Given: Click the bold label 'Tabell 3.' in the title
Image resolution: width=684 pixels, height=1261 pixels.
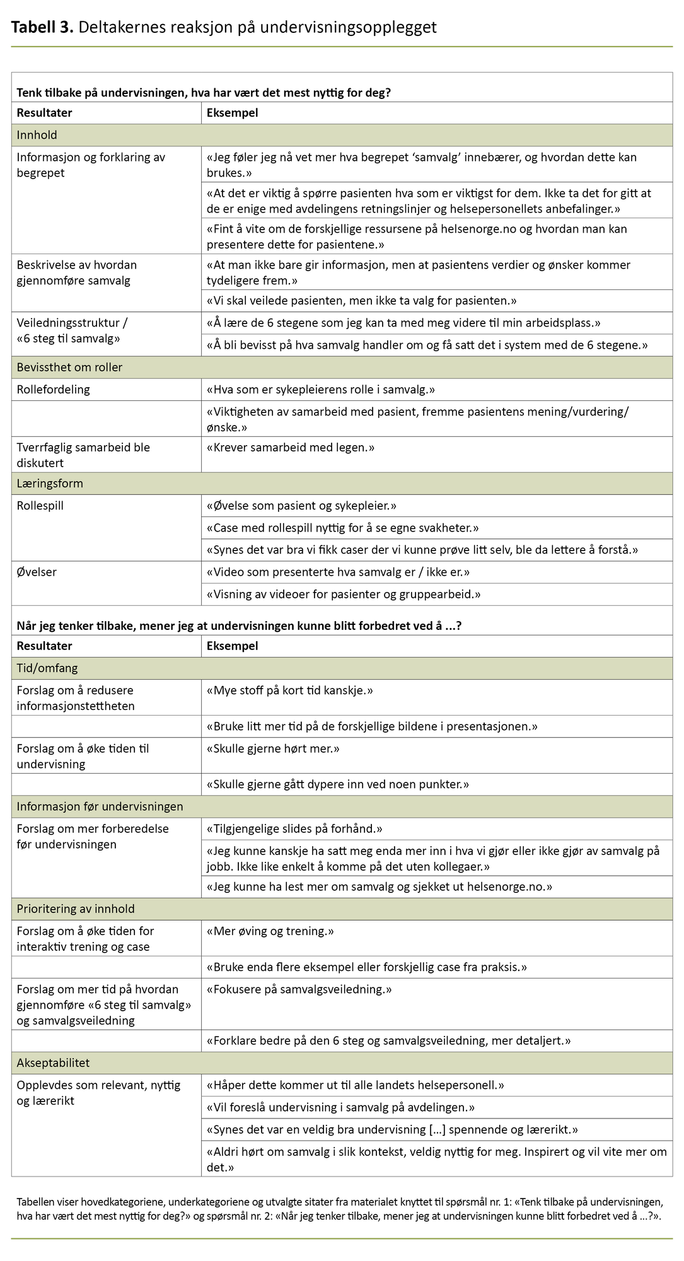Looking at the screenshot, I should [x=42, y=27].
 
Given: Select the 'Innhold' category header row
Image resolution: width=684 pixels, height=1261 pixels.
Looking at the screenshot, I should [x=37, y=135].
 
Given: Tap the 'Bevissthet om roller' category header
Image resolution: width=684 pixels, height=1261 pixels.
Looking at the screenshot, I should [x=69, y=368].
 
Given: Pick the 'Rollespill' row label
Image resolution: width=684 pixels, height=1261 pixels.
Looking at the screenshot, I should [x=40, y=506].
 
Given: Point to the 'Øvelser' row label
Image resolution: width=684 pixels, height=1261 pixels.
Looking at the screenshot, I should [x=37, y=572].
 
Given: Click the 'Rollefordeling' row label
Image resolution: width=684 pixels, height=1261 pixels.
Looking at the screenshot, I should [x=53, y=390].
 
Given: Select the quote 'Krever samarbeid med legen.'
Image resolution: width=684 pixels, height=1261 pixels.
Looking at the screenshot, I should [x=291, y=448].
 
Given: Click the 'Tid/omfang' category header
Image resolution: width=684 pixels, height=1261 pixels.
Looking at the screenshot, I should [x=47, y=668].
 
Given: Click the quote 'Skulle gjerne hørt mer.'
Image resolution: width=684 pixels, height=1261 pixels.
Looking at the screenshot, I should [x=273, y=749].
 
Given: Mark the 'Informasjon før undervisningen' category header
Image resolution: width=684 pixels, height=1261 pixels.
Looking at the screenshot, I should [x=100, y=806].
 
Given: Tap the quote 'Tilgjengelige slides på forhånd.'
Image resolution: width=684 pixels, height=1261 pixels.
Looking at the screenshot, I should [x=294, y=828].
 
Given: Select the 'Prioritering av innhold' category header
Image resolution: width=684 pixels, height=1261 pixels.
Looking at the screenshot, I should [x=76, y=909].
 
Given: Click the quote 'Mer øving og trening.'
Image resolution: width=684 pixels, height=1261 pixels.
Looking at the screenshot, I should [x=270, y=931].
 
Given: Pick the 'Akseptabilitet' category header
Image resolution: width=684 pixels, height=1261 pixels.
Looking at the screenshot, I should [x=53, y=1063].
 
